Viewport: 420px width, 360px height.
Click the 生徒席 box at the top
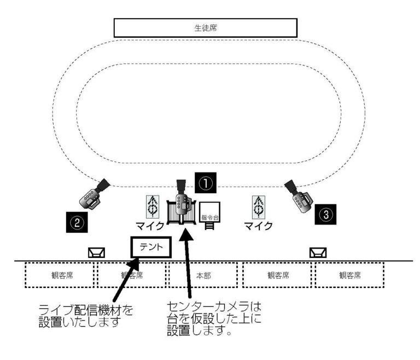(x=205, y=27)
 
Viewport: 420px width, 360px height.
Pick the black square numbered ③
(x=326, y=214)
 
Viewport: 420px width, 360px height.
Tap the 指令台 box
(x=209, y=212)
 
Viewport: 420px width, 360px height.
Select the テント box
(x=150, y=247)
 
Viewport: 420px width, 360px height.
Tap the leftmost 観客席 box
(x=61, y=275)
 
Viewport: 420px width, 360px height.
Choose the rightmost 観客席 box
(x=349, y=275)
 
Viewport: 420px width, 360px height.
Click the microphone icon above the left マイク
(x=153, y=206)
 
